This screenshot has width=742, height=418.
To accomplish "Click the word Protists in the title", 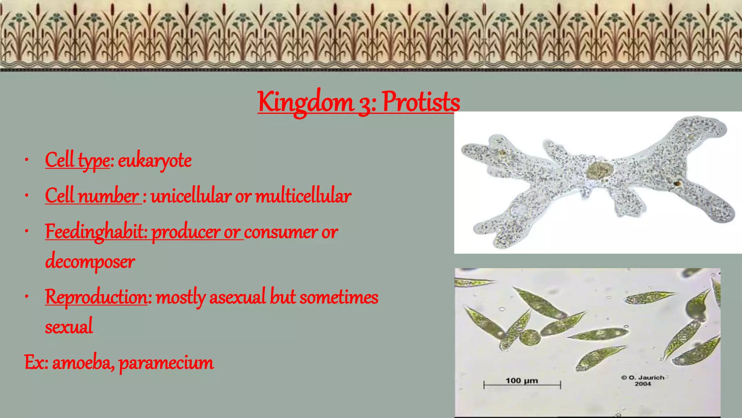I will click(421, 102).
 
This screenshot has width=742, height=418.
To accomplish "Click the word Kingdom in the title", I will click(305, 103).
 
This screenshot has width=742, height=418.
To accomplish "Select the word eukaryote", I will click(155, 160).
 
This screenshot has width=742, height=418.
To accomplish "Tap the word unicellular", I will click(191, 196).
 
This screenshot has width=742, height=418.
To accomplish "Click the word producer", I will click(185, 232).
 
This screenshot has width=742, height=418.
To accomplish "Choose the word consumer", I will click(281, 232).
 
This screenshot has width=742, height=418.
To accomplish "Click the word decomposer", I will click(90, 262).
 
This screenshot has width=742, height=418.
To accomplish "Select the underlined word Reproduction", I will click(96, 297).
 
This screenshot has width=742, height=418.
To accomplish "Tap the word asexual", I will click(237, 297).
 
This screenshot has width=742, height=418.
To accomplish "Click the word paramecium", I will click(166, 363).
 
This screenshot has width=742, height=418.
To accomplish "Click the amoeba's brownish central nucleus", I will click(600, 171).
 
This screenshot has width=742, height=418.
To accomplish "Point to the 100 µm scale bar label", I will click(522, 380).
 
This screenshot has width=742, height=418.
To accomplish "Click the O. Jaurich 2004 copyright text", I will click(643, 380).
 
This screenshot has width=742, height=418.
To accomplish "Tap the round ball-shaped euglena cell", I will click(530, 338).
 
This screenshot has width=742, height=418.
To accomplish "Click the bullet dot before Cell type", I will click(26, 160).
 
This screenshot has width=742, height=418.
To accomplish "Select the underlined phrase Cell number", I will click(92, 196).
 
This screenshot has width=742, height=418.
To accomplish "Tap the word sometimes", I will click(339, 297).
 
